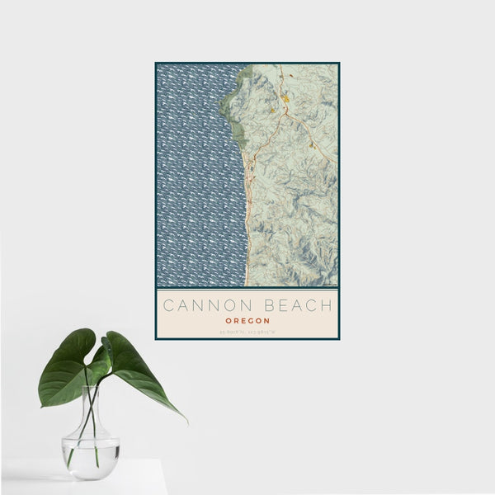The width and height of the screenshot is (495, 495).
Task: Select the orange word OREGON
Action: click(x=247, y=321)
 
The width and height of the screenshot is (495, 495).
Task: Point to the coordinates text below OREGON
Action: click(x=247, y=332)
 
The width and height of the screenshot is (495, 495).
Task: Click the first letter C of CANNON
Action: click(x=167, y=305)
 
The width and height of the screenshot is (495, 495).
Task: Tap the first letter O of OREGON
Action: click(x=227, y=321)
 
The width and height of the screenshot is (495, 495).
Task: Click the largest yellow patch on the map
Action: click(x=285, y=100)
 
